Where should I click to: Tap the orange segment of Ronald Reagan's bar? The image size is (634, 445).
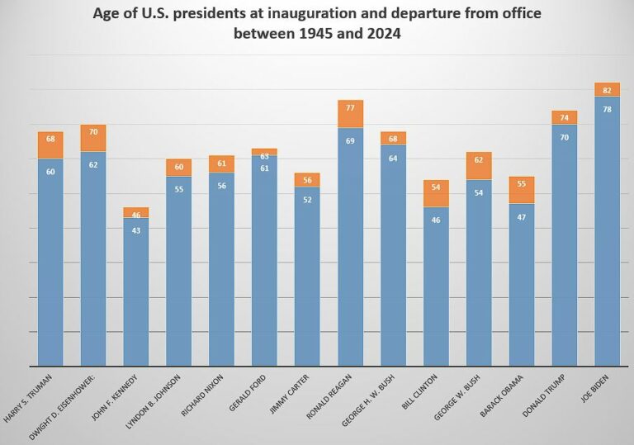point(350,114)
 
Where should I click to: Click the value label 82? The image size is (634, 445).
point(607,90)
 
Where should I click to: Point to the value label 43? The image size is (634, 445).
point(135,230)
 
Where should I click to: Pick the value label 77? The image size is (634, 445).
point(350,107)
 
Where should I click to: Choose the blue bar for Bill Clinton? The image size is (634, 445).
point(436,289)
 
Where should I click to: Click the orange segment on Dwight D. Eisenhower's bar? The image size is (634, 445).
point(92,138)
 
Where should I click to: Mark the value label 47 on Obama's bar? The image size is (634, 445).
point(521,217)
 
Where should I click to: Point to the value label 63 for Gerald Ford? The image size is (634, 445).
point(264,155)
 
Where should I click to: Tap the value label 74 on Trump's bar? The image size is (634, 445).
point(564,118)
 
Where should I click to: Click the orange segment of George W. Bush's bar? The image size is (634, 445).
point(479,166)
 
